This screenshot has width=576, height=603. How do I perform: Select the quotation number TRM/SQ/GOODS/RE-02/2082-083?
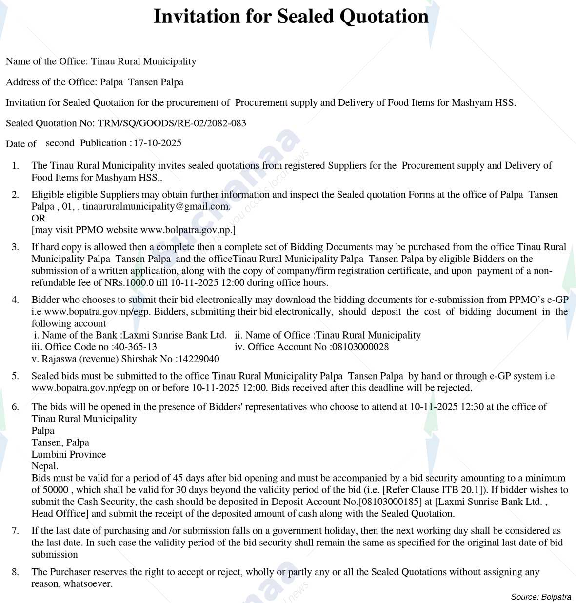[x=172, y=123]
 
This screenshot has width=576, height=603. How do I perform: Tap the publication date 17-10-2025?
[x=158, y=143]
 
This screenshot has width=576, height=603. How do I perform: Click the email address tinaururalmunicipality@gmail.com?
[x=156, y=206]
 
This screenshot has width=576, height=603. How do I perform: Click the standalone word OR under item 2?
[x=39, y=218]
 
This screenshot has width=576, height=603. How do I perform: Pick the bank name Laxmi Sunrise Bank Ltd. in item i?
[x=175, y=335]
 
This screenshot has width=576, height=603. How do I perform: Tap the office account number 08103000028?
[x=360, y=347]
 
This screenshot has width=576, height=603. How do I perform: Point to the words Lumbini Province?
[x=69, y=454]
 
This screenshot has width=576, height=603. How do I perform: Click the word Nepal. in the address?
[x=45, y=466]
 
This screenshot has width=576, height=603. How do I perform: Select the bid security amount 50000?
[x=56, y=490]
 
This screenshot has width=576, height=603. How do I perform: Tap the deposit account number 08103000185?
[x=390, y=502]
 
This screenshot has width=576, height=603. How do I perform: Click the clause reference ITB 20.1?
[x=460, y=490]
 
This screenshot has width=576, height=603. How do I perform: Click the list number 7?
[x=15, y=531]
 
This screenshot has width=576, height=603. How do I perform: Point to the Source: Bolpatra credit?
[x=541, y=597]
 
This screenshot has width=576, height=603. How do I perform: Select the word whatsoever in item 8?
[x=87, y=584]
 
